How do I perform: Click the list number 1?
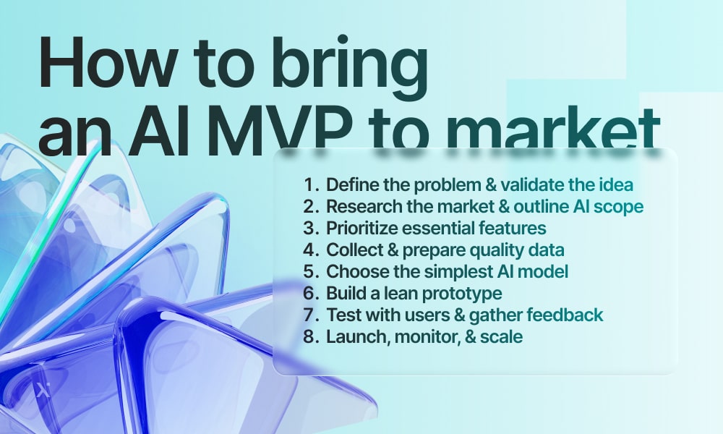(x=311, y=185)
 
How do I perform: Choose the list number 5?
(x=311, y=272)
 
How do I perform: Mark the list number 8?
(x=311, y=336)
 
